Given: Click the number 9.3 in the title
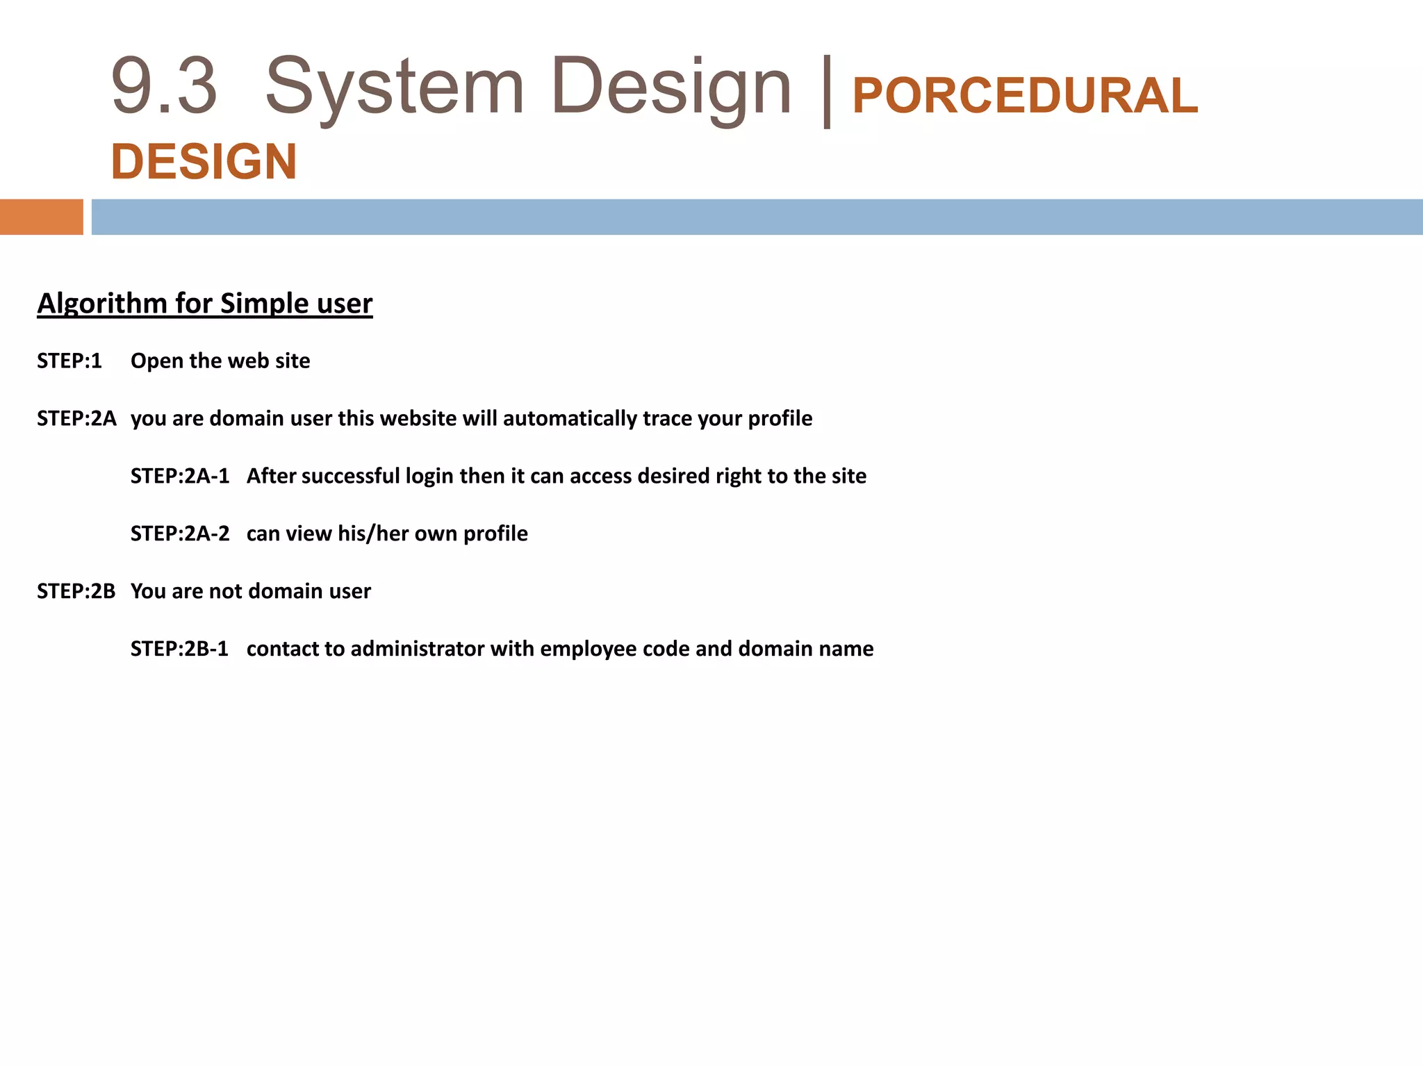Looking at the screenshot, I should tap(164, 87).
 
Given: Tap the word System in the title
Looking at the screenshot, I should tap(394, 87).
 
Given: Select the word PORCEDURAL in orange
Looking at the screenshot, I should tap(1025, 96).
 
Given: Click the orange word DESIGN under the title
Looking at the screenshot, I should tap(204, 162).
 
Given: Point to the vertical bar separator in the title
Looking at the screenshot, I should tap(826, 90).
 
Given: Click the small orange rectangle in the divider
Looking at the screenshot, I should tap(41, 217).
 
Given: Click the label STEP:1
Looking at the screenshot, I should tap(69, 361).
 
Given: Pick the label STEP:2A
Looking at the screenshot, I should tap(76, 419).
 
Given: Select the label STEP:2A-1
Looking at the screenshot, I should tap(180, 477).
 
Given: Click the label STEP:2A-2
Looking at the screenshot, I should tap(180, 534).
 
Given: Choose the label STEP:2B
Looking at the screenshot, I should tap(76, 591).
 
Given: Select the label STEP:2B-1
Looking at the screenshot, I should tap(179, 649).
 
